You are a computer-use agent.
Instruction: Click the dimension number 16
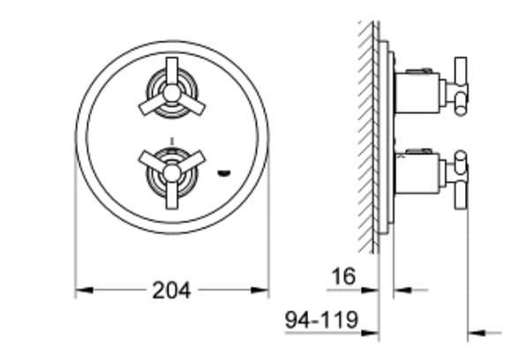tap(343, 276)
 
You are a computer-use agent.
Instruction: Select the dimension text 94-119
tap(321, 319)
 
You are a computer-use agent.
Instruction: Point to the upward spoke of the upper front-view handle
tap(171, 71)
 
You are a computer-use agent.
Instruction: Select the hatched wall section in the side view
tap(367, 132)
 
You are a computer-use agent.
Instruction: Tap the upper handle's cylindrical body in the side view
tap(416, 92)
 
